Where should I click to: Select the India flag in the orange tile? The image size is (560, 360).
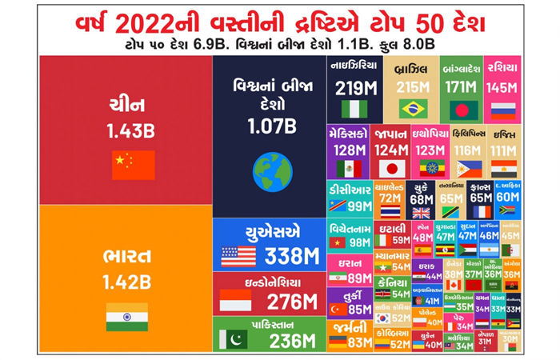(126, 317)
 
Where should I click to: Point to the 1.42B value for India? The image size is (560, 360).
(126, 282)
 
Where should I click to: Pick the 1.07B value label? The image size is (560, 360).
(268, 126)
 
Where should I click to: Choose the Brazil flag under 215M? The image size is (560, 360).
(414, 108)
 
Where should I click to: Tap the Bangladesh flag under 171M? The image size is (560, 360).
(463, 109)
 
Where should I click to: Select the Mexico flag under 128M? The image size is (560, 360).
(348, 168)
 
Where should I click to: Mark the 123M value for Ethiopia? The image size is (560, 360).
(430, 150)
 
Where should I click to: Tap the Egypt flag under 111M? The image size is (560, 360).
(503, 168)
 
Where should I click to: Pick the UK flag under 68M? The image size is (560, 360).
(420, 213)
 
